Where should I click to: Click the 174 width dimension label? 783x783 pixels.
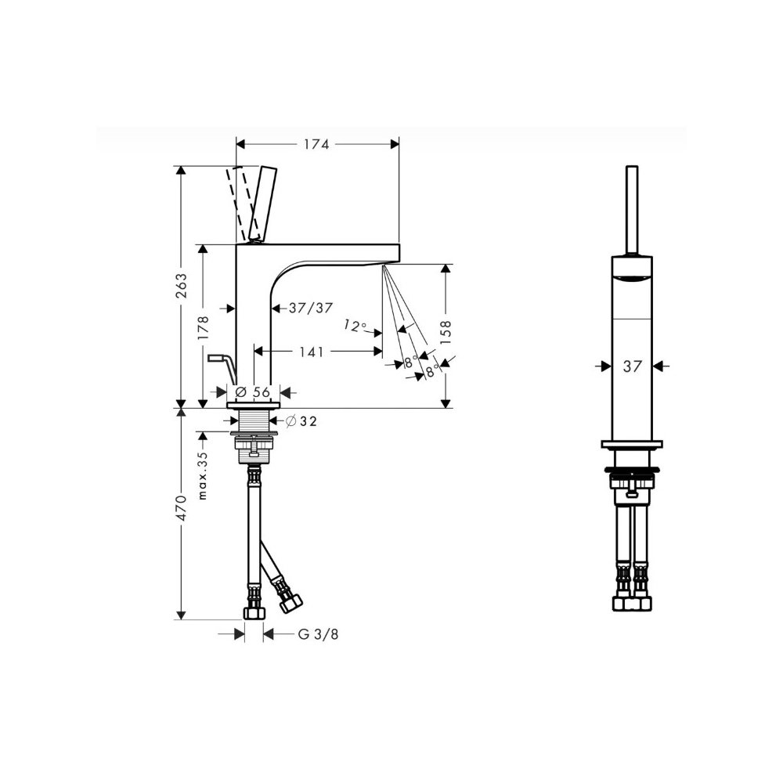[316, 144]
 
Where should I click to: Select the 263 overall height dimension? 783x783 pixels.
[182, 286]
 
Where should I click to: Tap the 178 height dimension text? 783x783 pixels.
[204, 328]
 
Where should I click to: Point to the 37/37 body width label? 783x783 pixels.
[311, 308]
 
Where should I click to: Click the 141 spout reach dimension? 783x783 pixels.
[312, 352]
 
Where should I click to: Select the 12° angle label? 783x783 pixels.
[354, 326]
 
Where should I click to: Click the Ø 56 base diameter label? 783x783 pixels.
[253, 392]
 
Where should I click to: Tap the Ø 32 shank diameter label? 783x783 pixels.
[301, 421]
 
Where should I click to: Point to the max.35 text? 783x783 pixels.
[202, 475]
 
